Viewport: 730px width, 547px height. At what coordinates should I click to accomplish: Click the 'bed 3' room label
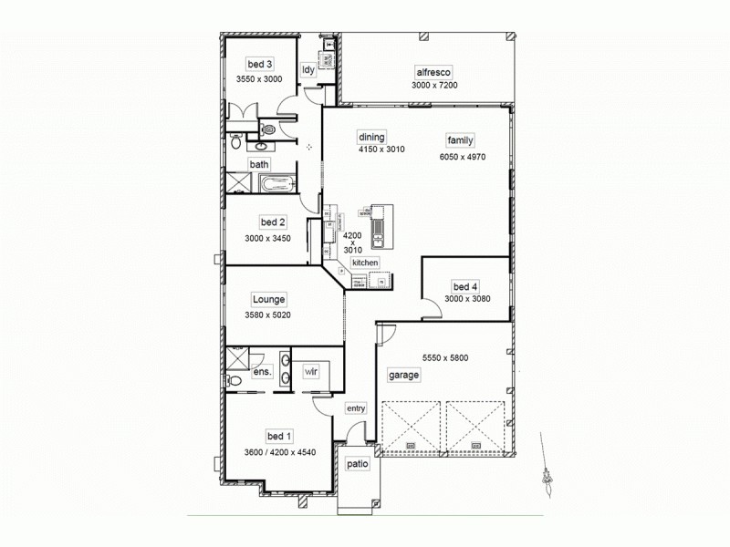(259, 64)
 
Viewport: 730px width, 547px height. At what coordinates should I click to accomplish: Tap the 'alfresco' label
(433, 71)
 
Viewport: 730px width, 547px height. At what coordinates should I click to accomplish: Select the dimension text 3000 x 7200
(433, 85)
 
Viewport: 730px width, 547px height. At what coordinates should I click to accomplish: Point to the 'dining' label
(371, 137)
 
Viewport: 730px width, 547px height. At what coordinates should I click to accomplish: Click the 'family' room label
(460, 139)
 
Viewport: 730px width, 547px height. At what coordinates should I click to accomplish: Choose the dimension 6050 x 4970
(463, 157)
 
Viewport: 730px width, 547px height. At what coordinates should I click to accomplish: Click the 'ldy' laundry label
(308, 69)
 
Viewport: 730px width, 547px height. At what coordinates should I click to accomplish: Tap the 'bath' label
(260, 165)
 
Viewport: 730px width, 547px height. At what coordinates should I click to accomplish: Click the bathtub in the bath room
(276, 186)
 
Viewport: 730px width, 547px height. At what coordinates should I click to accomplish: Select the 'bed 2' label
(274, 222)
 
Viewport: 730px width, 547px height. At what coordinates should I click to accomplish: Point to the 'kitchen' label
(365, 263)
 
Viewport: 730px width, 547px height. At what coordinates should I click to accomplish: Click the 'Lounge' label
(269, 299)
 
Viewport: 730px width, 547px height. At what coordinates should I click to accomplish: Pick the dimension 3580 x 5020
(266, 315)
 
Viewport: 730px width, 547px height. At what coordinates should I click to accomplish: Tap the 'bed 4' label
(465, 286)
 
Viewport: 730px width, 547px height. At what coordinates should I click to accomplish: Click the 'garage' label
(403, 375)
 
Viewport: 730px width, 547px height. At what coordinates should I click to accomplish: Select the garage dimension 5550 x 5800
(445, 357)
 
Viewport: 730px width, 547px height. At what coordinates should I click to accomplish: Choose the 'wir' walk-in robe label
(311, 371)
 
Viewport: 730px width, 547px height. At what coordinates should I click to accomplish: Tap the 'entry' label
(355, 408)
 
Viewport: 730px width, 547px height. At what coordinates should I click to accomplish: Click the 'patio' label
(357, 463)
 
